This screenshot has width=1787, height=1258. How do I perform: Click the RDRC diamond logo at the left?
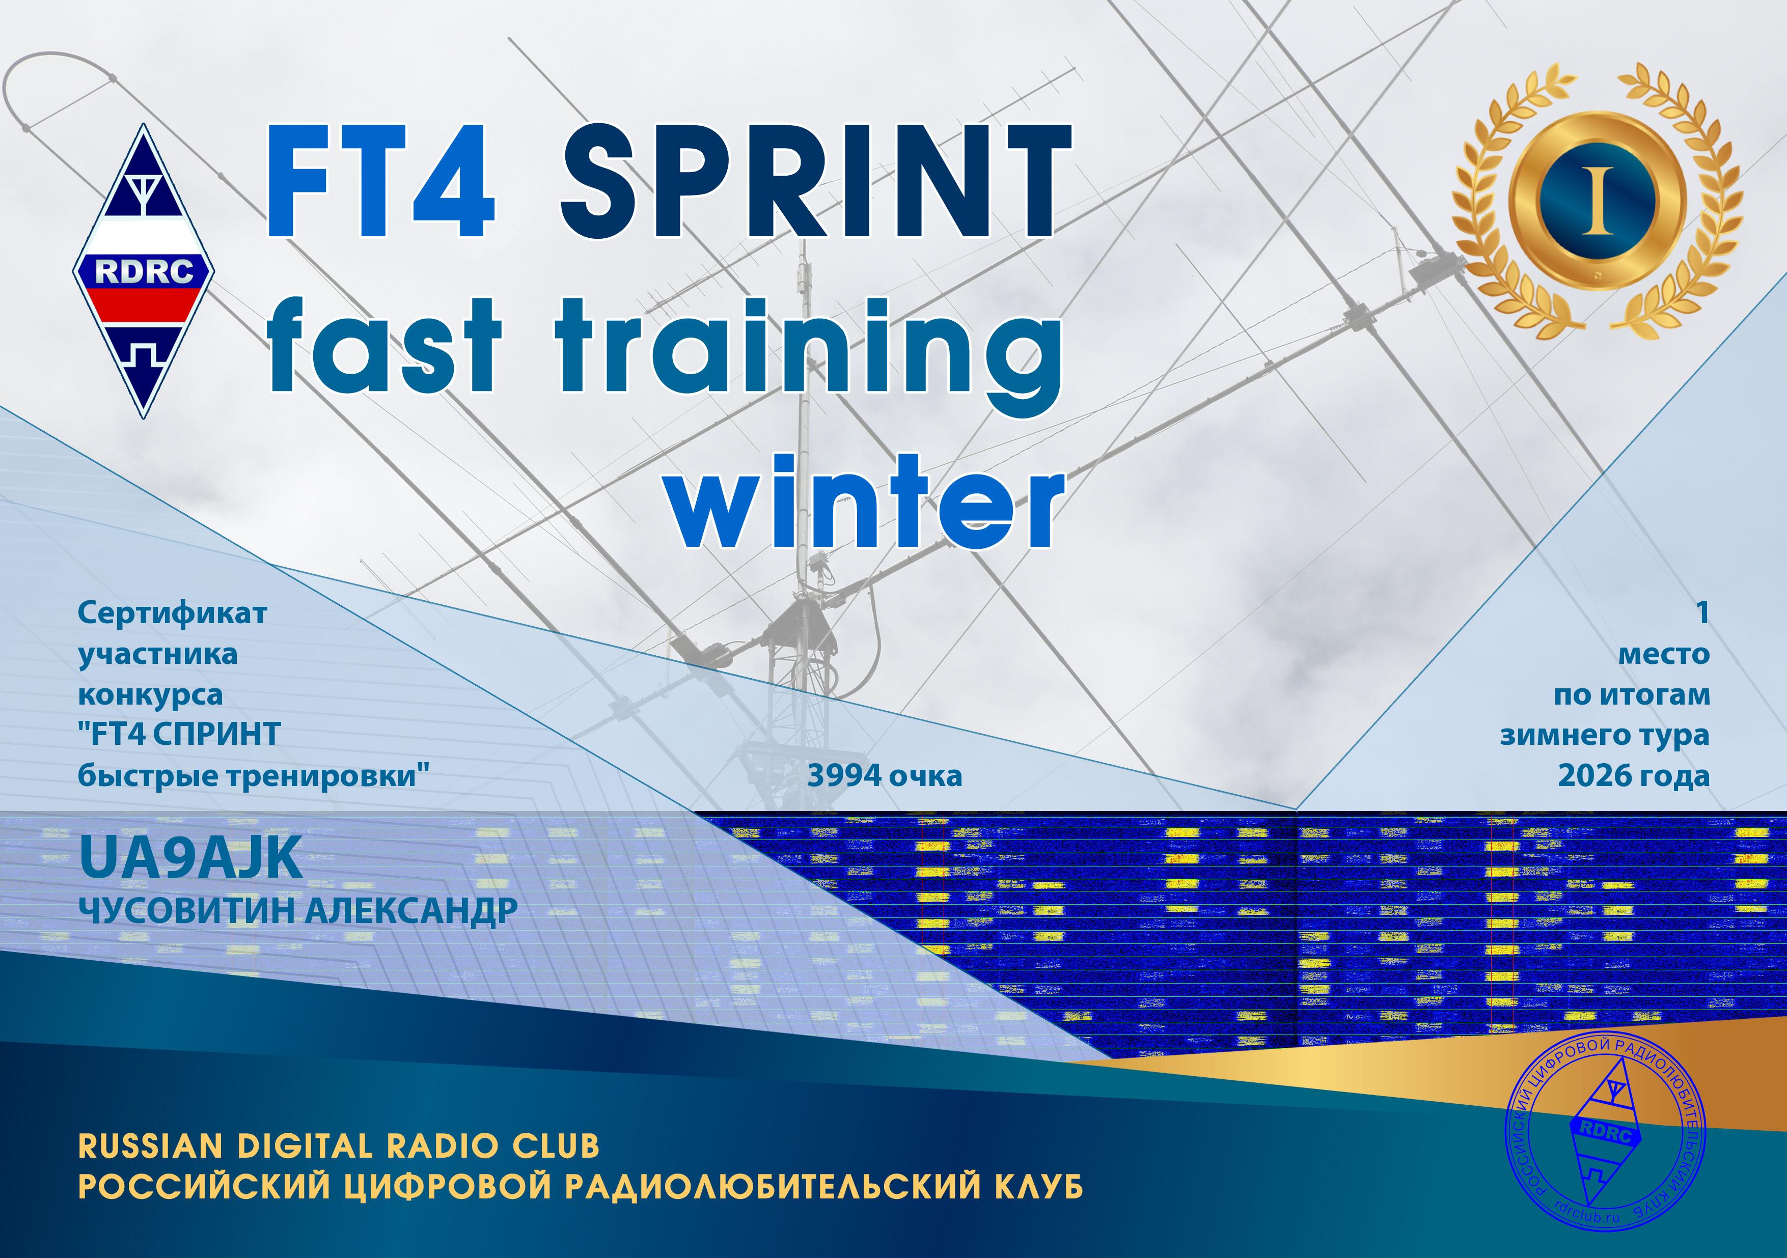pos(144,271)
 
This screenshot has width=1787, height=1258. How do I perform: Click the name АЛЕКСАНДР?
pos(411,910)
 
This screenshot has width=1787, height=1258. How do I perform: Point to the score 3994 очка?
pos(885,776)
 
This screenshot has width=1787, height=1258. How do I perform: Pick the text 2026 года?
pos(1634,776)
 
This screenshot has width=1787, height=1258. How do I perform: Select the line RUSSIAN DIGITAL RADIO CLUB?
pos(339,1146)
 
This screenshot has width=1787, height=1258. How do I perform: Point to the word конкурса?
pos(150,695)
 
